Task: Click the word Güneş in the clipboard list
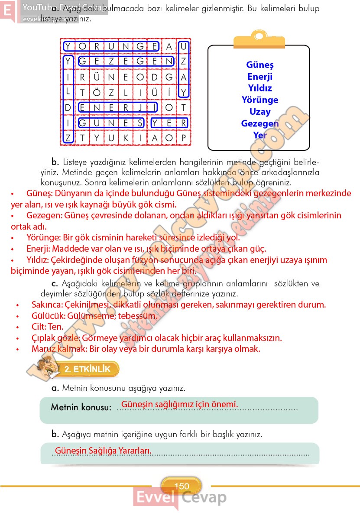point(260,65)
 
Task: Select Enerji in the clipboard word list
point(260,77)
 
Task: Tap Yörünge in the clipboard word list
point(260,100)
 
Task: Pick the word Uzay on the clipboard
point(260,112)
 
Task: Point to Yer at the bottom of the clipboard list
point(260,135)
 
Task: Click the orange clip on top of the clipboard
point(259,40)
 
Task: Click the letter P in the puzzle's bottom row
point(184,138)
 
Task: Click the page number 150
point(182,486)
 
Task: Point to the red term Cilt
point(39,327)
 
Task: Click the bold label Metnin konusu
point(81,408)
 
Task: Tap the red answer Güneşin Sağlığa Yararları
point(103,451)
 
